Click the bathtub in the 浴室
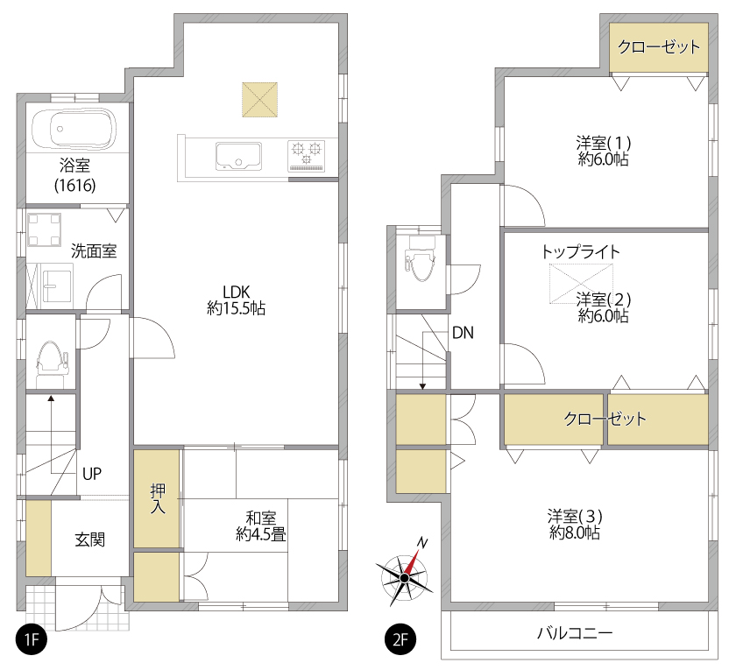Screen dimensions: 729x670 point(74,129)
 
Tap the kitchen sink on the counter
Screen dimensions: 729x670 point(238,156)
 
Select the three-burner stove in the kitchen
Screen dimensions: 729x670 point(307,156)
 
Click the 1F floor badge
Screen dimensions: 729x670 point(32,639)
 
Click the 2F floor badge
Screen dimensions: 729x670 point(400,639)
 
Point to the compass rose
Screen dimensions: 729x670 point(405,576)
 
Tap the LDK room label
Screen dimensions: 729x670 point(237,300)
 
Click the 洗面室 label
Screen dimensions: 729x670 point(94,250)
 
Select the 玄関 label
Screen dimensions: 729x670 point(89,540)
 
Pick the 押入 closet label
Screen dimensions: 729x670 point(158,498)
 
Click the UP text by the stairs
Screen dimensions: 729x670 point(92,474)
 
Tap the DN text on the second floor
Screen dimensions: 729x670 point(463,333)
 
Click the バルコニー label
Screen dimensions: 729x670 point(575,633)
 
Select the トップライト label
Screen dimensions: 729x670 point(581,252)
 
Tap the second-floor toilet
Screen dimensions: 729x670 point(420,258)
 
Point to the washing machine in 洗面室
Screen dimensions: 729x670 point(44,229)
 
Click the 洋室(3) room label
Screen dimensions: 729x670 point(575,524)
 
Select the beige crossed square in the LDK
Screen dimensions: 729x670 point(259,100)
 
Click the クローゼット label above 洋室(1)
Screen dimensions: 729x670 point(659,46)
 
